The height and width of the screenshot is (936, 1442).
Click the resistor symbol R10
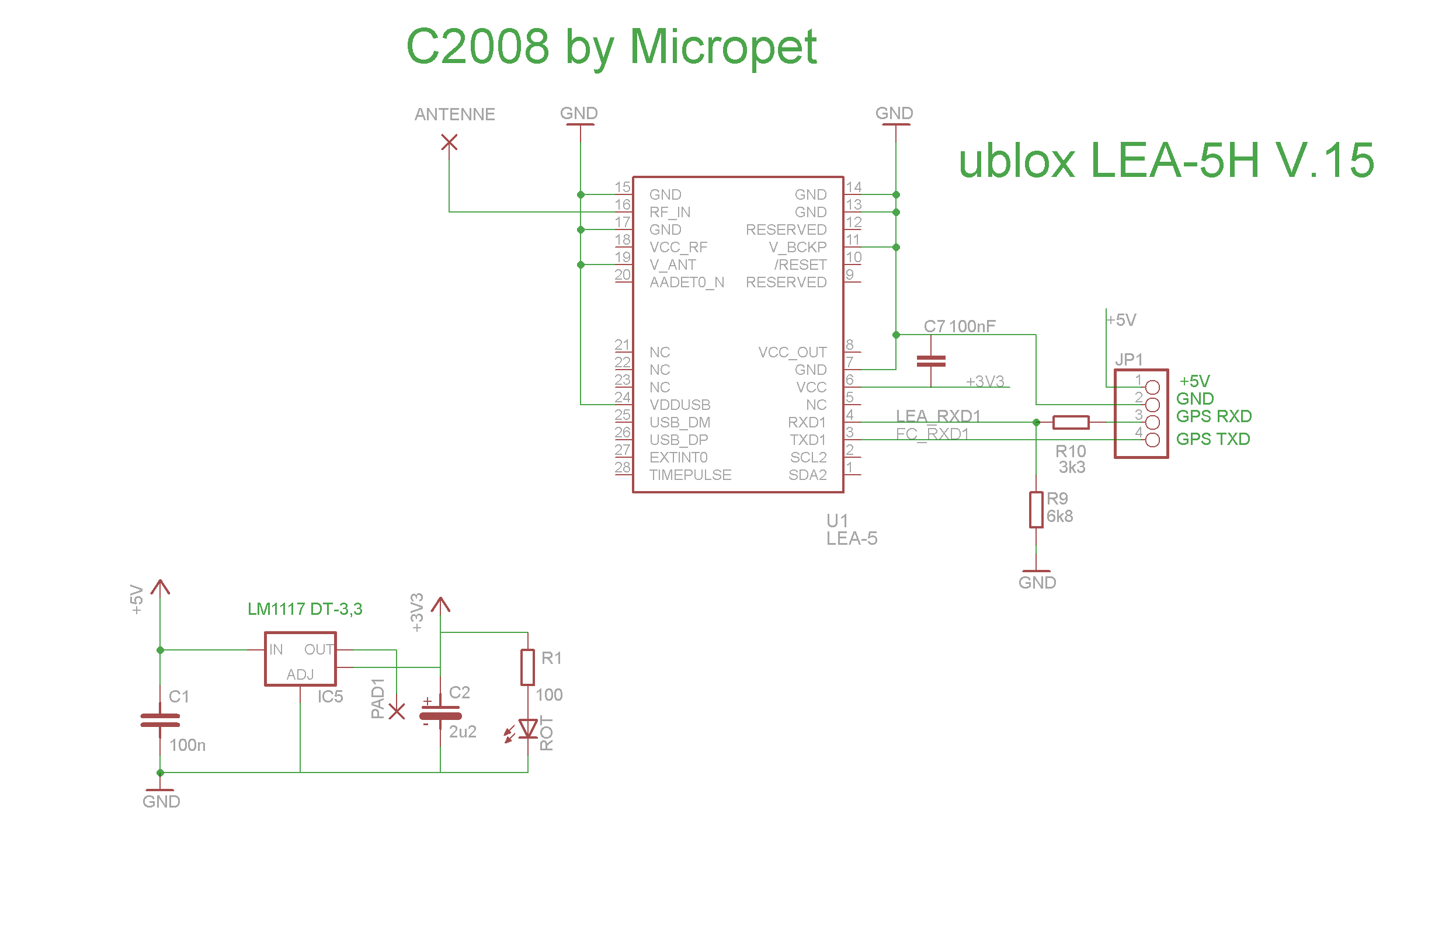(1071, 422)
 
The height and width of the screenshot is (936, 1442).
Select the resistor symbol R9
(1036, 510)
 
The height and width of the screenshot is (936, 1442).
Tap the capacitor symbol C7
(931, 361)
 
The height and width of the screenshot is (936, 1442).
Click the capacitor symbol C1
(160, 721)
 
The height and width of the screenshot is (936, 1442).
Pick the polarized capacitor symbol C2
(440, 715)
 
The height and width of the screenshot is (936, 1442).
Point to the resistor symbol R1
(528, 667)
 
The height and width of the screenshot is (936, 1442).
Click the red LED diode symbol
(527, 729)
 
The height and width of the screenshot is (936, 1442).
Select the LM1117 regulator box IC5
(301, 659)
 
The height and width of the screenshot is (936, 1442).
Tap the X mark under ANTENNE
(449, 142)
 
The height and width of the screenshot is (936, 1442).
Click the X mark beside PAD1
(396, 711)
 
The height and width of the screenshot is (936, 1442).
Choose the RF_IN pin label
(669, 213)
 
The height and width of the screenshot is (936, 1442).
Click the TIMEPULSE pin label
(690, 475)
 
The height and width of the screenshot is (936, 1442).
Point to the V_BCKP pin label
(797, 248)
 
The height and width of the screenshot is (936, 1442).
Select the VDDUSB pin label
(680, 405)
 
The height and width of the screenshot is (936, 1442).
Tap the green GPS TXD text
(1213, 439)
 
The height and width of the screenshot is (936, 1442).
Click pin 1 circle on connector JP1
(1152, 387)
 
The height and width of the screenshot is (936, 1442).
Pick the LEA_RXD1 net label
(938, 416)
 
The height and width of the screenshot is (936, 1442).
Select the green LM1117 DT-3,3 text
(305, 610)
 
